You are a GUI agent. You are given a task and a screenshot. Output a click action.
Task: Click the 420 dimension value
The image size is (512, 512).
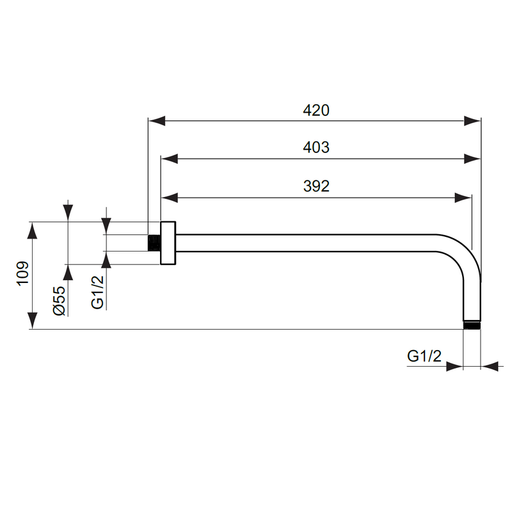[x=316, y=110]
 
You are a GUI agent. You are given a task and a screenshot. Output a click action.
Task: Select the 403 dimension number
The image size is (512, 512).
[x=316, y=147]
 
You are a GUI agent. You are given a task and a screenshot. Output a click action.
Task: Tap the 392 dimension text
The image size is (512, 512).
[x=316, y=186]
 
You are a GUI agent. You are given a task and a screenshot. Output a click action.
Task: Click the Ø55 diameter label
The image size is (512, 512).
[x=59, y=300]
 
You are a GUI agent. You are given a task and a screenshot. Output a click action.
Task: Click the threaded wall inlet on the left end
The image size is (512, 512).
[x=154, y=243]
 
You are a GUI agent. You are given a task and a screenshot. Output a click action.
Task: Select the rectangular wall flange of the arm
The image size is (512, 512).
[x=168, y=243]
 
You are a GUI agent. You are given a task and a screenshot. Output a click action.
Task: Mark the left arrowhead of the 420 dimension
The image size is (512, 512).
[x=157, y=120]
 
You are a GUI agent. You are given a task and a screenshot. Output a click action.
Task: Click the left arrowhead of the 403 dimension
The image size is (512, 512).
[x=169, y=159]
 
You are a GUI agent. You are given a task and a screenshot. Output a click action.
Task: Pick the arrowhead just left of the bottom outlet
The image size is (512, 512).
[x=454, y=367]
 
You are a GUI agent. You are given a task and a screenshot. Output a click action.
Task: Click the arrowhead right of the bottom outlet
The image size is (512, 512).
[x=490, y=367]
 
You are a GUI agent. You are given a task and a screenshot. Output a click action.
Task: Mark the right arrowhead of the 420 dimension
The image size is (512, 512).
[x=472, y=120]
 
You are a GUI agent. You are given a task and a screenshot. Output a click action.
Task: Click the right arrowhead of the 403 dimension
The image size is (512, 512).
[x=472, y=159]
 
